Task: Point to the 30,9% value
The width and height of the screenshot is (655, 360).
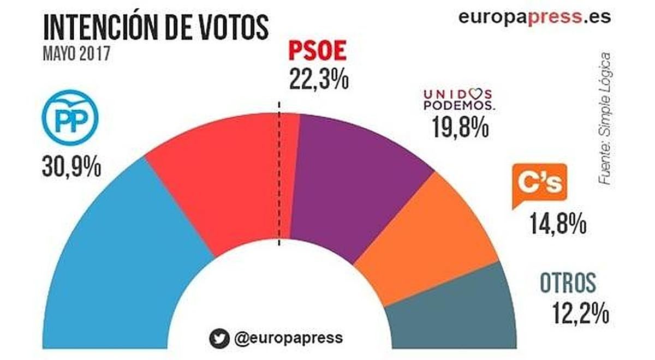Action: tap(71, 166)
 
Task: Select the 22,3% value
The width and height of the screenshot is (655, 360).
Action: tap(318, 80)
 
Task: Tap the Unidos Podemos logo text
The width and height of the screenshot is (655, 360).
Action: tap(458, 99)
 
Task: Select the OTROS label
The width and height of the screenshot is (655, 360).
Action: tap(568, 283)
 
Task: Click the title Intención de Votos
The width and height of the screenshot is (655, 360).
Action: tap(156, 27)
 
